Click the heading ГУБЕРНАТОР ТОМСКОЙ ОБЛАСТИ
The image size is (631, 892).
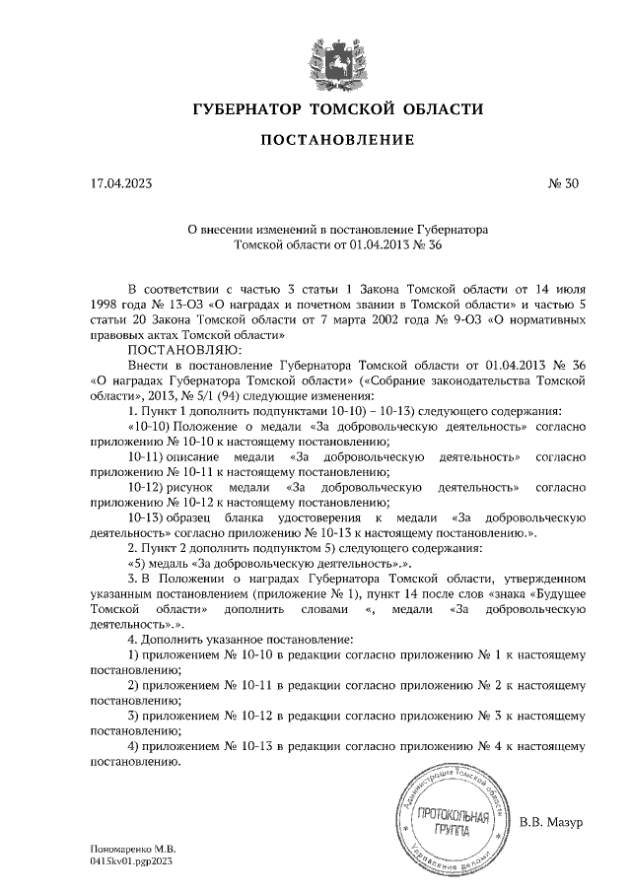[336, 108]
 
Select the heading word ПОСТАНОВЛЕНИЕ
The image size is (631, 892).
[336, 140]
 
